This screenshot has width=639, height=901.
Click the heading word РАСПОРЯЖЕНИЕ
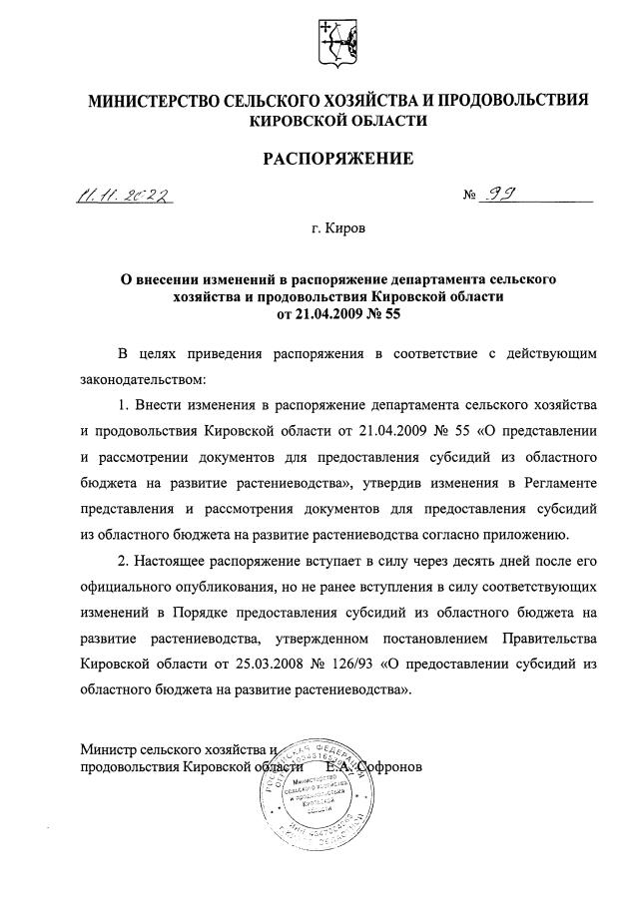pyautogui.click(x=336, y=158)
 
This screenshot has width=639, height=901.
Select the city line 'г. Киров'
pyautogui.click(x=338, y=229)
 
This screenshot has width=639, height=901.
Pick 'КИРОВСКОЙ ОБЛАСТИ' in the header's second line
pyautogui.click(x=338, y=121)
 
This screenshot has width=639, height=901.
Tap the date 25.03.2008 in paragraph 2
pyautogui.click(x=275, y=663)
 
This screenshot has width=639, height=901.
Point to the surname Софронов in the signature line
pyautogui.click(x=384, y=767)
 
